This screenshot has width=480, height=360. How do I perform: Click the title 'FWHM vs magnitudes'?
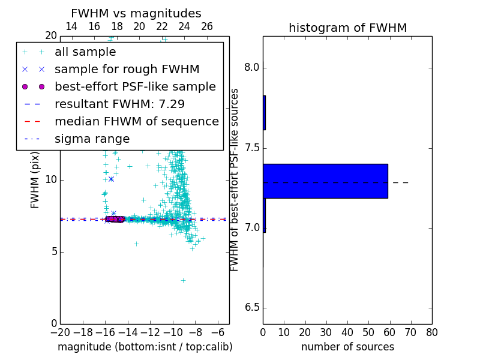tap(136, 13)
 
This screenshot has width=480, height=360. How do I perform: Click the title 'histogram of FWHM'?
tap(347, 28)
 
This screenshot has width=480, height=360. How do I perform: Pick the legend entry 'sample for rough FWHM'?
tap(127, 70)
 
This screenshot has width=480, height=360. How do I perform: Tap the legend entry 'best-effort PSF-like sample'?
tap(135, 87)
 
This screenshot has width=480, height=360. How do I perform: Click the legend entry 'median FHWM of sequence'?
tap(136, 122)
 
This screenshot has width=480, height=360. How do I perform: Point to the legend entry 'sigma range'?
tap(92, 139)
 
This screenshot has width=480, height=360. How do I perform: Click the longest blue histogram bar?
tap(325, 181)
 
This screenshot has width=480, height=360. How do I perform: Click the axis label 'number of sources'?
tap(347, 347)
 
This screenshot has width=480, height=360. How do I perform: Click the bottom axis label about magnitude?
tap(145, 347)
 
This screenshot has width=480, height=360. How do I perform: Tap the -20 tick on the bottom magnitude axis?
tap(60, 332)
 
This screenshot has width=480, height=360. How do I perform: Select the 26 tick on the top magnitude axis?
tap(207, 26)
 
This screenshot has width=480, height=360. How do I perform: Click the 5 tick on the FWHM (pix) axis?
tap(52, 251)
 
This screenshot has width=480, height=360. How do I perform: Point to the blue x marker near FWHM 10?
tap(111, 179)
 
